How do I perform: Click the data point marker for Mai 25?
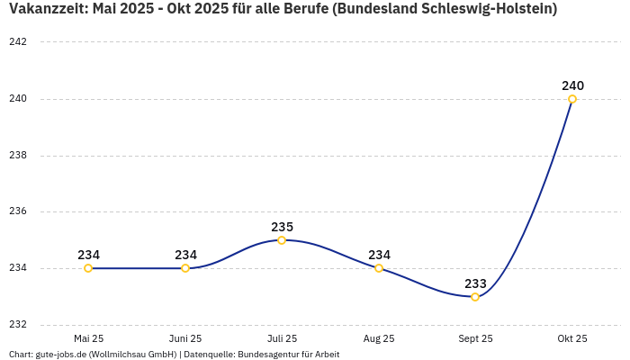tap(88, 268)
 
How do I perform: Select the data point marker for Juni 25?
tap(185, 268)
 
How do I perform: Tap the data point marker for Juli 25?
tap(282, 240)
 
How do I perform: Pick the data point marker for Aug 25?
tap(379, 268)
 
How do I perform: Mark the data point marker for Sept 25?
tap(475, 297)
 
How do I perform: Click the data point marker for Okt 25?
tap(572, 99)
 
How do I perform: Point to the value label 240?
tap(572, 85)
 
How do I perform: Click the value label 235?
tap(282, 227)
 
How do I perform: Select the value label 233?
tap(475, 283)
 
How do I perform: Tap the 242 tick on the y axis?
tap(18, 42)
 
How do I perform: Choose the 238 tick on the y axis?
tap(18, 156)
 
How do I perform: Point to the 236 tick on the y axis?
tap(18, 211)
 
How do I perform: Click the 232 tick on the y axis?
tap(18, 325)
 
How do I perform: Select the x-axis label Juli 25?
tap(282, 338)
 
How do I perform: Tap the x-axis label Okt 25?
tap(572, 338)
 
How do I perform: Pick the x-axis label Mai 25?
tap(88, 338)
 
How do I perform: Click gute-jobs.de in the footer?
tap(61, 354)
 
